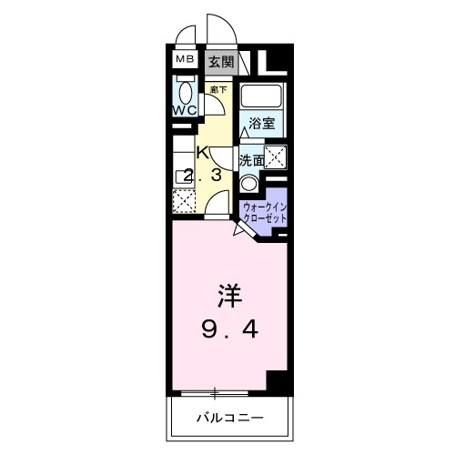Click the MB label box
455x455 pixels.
pos(185,61)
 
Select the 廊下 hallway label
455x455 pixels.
pos(217,89)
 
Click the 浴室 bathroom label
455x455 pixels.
pos(264,123)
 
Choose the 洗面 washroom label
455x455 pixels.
pos(252,158)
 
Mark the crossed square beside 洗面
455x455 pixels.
pos(277,157)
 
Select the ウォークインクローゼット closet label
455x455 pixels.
pos(265,213)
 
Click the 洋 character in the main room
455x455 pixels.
pos(228,297)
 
